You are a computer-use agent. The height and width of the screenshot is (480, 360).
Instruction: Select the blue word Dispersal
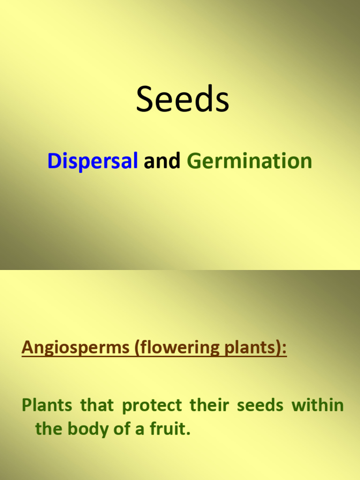click(x=92, y=161)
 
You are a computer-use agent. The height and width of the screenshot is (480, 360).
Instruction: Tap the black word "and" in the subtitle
click(x=162, y=161)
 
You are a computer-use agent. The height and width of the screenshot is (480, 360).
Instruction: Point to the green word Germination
click(x=249, y=161)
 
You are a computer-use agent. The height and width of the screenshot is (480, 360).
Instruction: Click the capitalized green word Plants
click(x=47, y=405)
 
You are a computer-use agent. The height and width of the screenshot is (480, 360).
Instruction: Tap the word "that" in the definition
click(x=97, y=405)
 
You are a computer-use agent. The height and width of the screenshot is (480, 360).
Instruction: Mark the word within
click(x=318, y=405)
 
